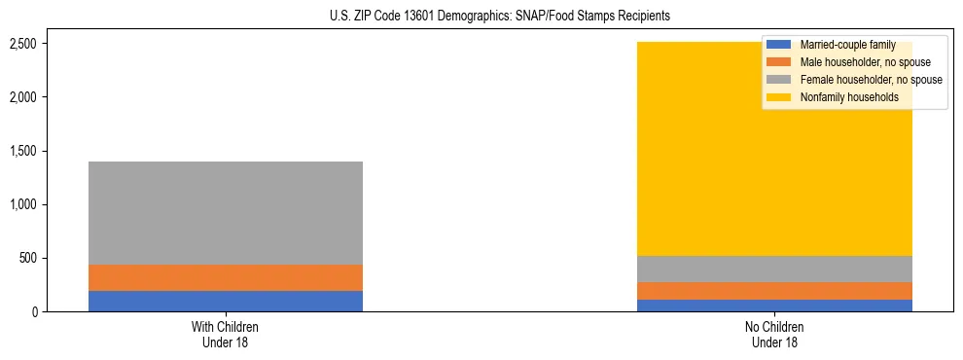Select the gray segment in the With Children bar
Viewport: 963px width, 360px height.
(226, 212)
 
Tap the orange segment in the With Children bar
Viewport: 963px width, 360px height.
(226, 277)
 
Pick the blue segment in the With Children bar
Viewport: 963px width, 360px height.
(226, 301)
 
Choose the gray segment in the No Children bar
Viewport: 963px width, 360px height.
(775, 269)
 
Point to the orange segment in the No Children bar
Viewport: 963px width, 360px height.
(775, 291)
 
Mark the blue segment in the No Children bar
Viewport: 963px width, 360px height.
(775, 306)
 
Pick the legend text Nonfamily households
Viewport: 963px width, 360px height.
(841, 97)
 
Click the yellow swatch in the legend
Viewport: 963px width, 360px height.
(779, 97)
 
